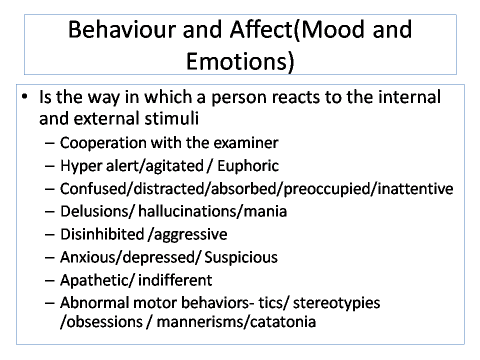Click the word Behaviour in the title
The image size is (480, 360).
[122, 29]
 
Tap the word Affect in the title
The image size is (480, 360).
[261, 29]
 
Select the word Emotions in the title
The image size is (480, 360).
[237, 61]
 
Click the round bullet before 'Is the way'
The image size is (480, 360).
[25, 97]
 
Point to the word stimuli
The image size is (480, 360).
[171, 118]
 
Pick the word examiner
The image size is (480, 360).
[246, 142]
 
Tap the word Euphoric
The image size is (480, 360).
[248, 166]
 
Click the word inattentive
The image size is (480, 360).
[415, 188]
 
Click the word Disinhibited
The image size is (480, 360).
[102, 234]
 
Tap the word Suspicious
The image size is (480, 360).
[241, 257]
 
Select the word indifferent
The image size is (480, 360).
[175, 280]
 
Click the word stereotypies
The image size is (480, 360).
[336, 303]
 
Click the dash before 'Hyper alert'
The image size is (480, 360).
[49, 166]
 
